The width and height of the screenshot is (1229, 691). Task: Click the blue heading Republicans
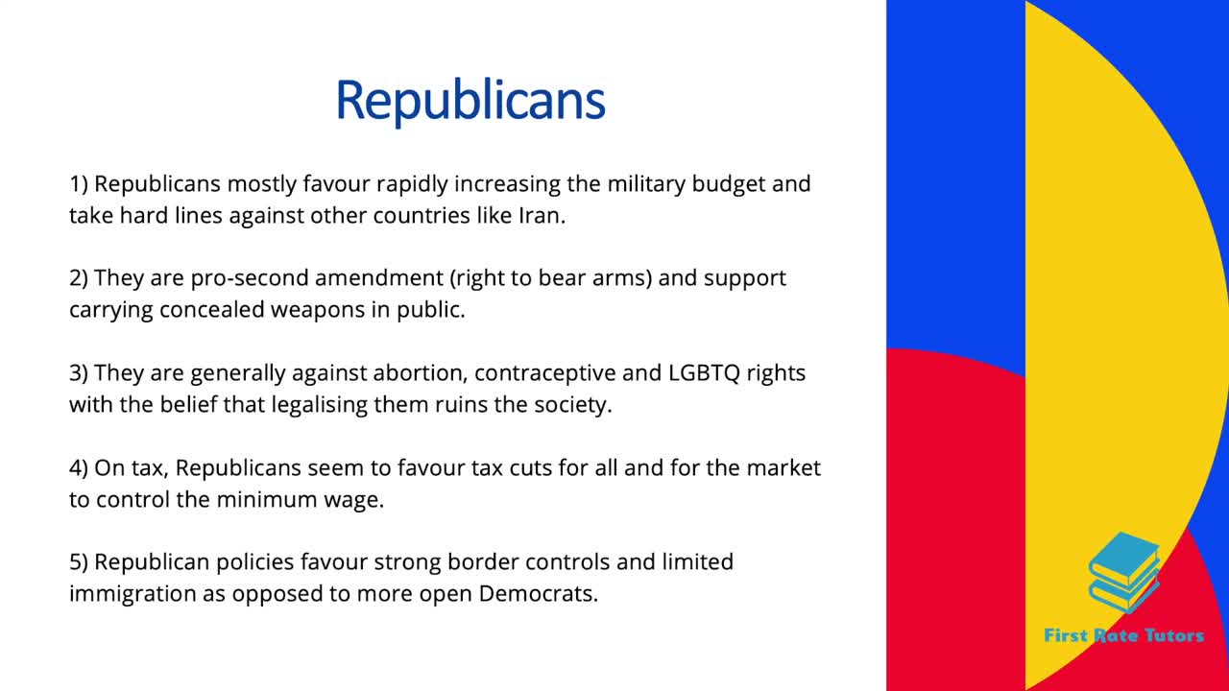(x=470, y=99)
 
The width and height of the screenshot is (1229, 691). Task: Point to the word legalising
(x=327, y=405)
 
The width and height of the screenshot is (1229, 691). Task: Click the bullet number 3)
(x=80, y=372)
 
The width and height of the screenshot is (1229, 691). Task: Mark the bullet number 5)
(x=80, y=561)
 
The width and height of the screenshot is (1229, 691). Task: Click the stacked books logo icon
(x=1124, y=573)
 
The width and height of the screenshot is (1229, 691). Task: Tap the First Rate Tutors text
(x=1123, y=634)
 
